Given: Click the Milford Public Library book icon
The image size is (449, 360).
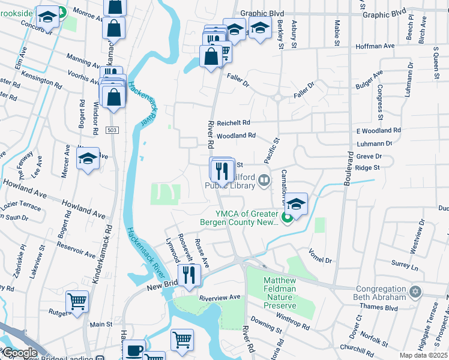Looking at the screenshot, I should pos(263,180).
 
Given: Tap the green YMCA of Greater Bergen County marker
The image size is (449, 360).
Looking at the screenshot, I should pos(287,217).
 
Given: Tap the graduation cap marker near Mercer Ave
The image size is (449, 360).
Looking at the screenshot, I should pos(88,159).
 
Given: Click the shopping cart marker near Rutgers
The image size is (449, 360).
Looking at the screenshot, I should pos(77,302).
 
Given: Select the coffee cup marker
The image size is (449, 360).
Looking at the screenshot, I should pos(134,350).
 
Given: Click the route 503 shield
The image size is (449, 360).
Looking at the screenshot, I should pos(111,130).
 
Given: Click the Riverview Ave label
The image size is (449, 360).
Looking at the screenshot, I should pos(220,297).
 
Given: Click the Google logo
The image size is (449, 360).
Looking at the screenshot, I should pos(19,353).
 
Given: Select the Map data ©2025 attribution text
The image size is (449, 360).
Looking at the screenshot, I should pos(423,355).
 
